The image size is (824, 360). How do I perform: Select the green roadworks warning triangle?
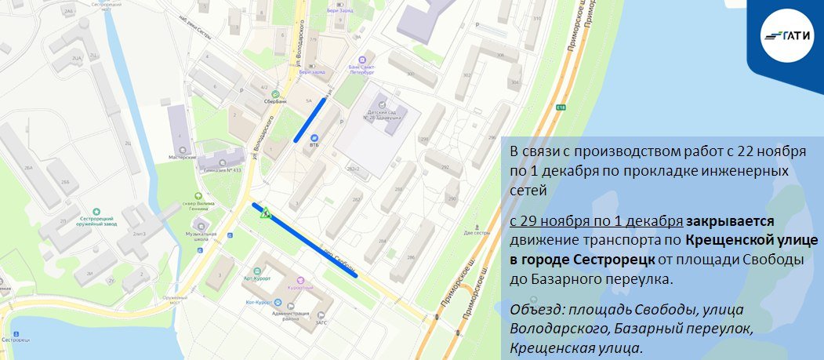pyautogui.click(x=267, y=212)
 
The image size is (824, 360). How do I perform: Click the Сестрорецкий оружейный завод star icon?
pyautogui.click(x=96, y=211)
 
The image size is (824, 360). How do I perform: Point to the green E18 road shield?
pyautogui.click(x=561, y=107)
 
